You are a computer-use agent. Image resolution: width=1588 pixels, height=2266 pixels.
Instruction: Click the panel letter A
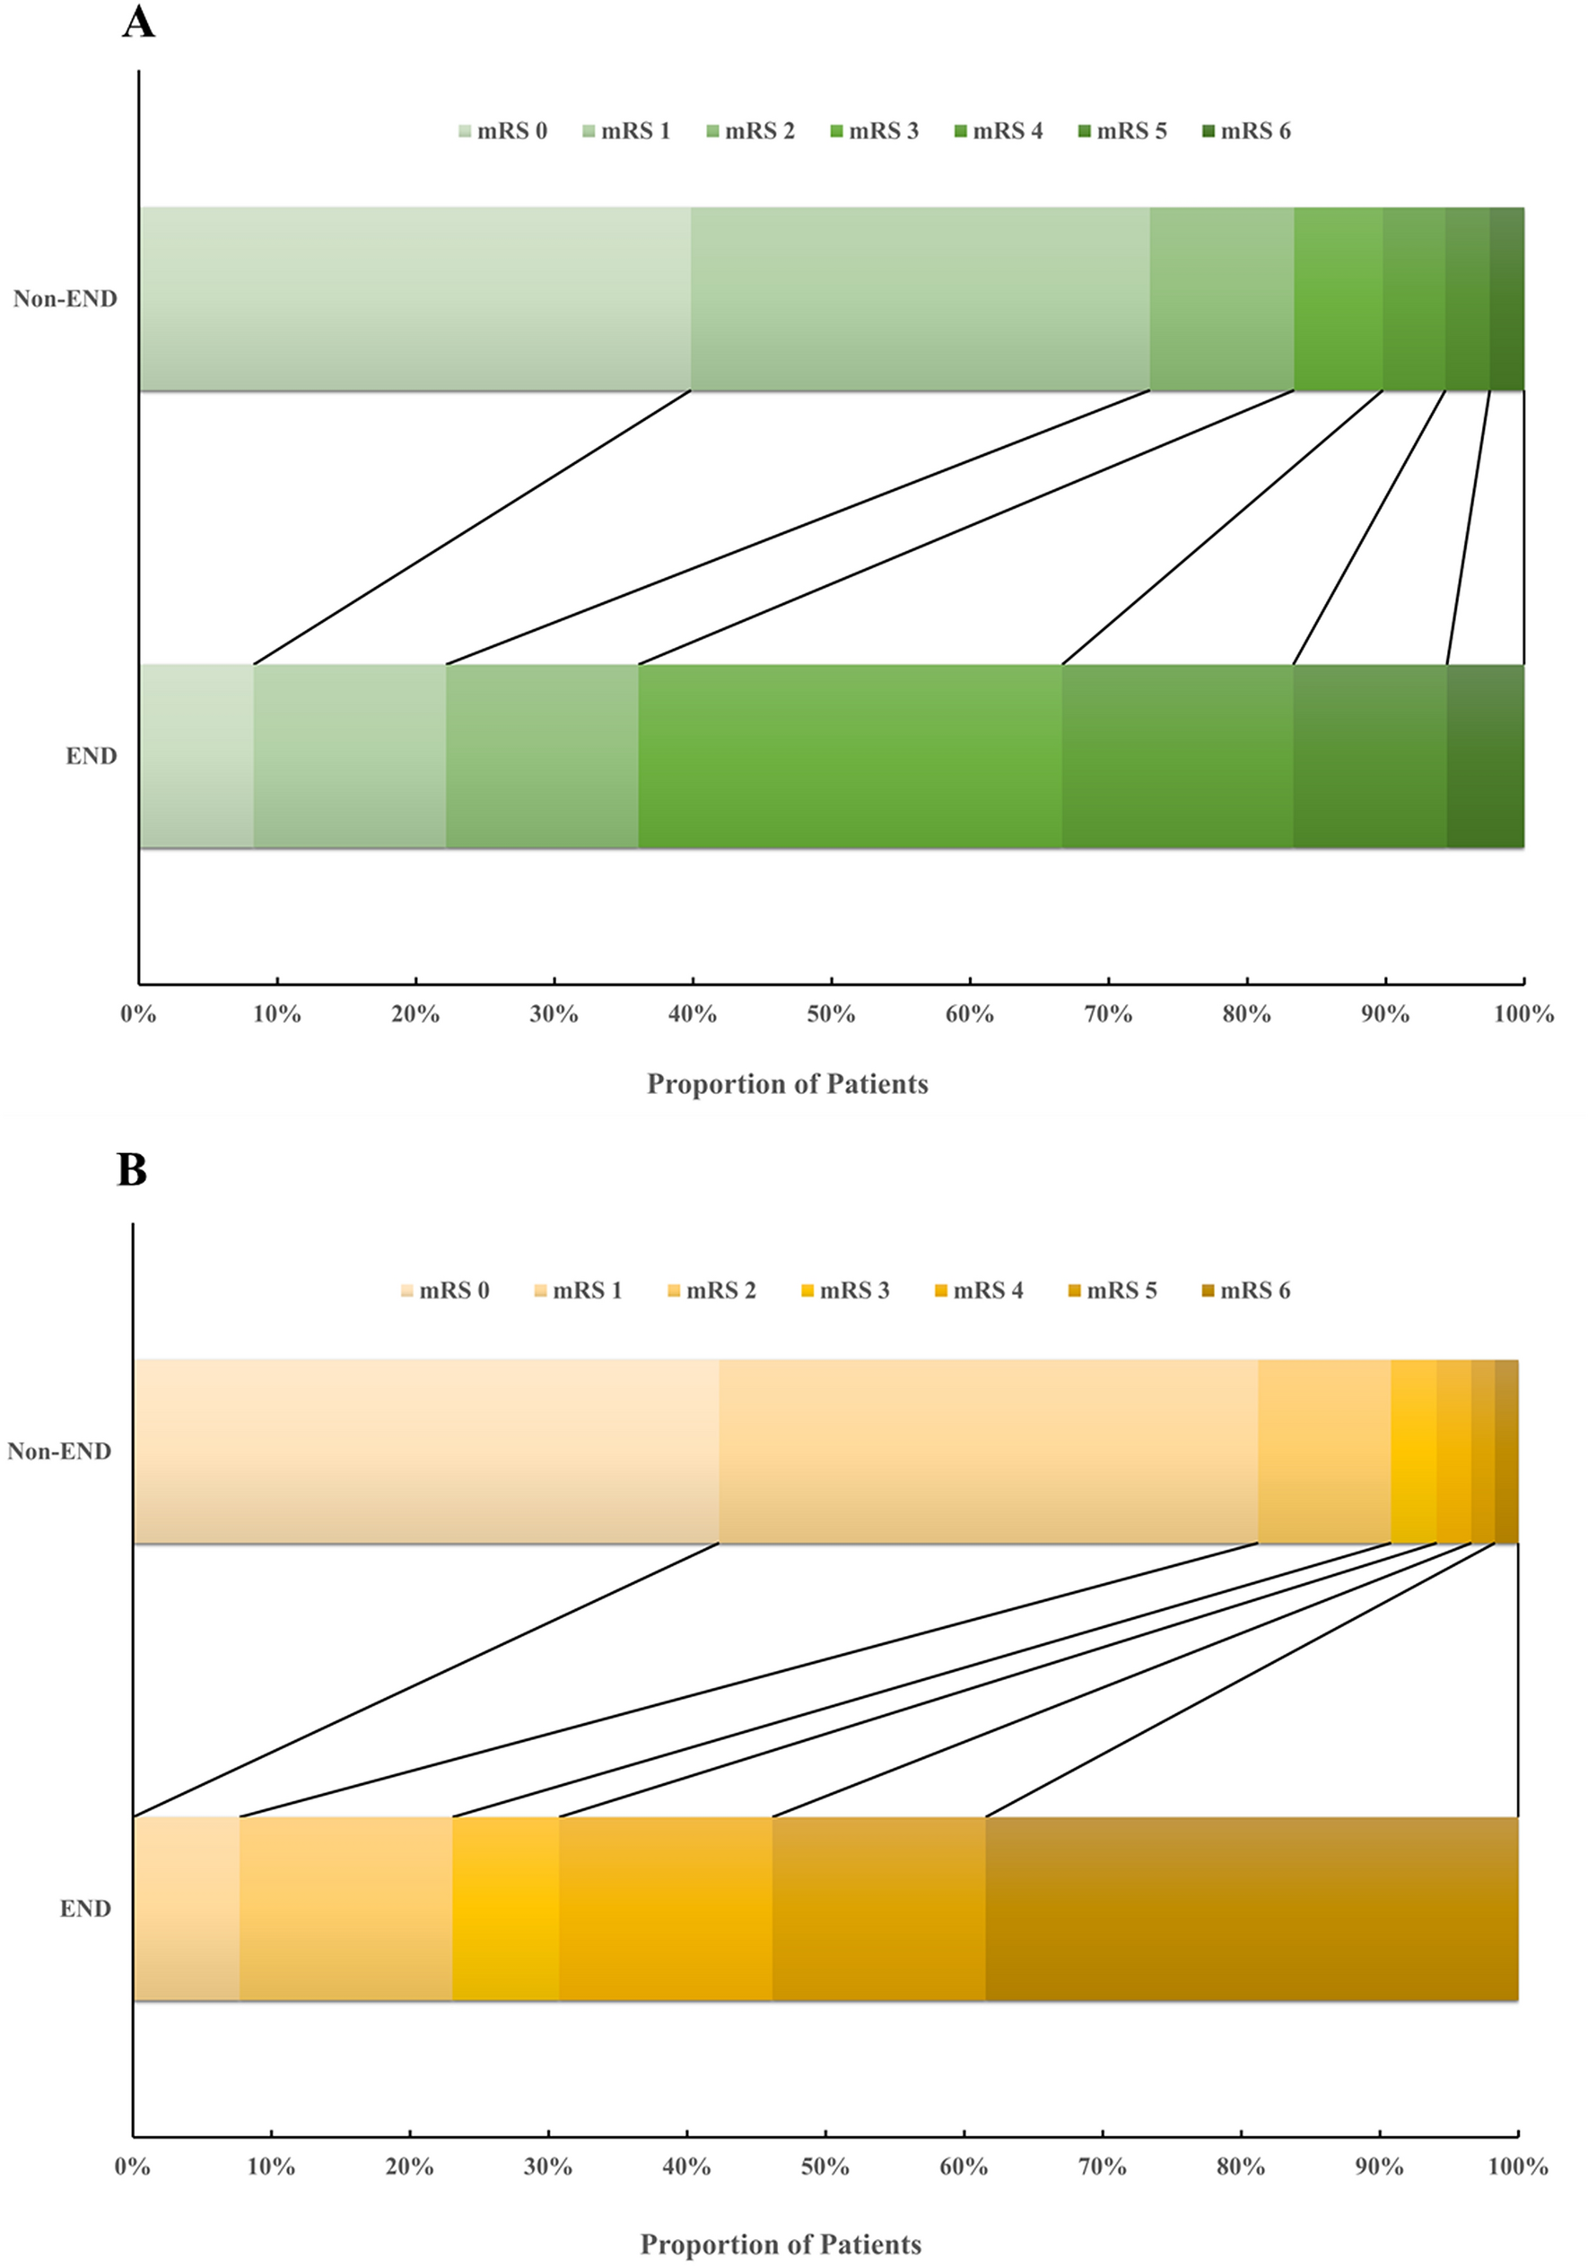pyautogui.click(x=138, y=22)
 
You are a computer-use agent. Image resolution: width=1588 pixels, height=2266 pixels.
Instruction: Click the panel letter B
pyautogui.click(x=131, y=1170)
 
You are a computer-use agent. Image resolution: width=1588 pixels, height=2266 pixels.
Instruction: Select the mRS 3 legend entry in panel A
pyautogui.click(x=875, y=131)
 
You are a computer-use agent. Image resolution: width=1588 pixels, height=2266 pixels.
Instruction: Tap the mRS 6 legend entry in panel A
pyautogui.click(x=1245, y=131)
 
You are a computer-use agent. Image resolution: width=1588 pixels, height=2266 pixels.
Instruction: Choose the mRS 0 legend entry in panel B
pyautogui.click(x=445, y=1290)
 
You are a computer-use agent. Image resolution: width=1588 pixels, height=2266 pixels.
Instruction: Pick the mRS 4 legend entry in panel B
pyautogui.click(x=979, y=1290)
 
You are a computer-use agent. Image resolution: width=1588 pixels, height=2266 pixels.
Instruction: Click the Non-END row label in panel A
pyautogui.click(x=65, y=299)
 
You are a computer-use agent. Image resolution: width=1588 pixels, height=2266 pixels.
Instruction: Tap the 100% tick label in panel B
pyautogui.click(x=1517, y=2166)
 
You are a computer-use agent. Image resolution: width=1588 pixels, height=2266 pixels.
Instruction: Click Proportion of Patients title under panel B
pyautogui.click(x=781, y=2244)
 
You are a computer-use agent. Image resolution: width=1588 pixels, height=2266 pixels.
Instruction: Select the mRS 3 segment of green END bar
pyautogui.click(x=850, y=756)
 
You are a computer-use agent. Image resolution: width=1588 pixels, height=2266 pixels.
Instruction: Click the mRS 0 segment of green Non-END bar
pyautogui.click(x=414, y=299)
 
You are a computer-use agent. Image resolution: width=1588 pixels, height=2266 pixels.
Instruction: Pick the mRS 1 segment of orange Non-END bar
pyautogui.click(x=988, y=1451)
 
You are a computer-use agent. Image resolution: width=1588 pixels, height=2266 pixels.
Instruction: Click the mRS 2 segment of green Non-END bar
pyautogui.click(x=1222, y=299)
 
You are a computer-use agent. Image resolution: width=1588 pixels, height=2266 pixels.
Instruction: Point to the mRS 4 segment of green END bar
pyautogui.click(x=1177, y=756)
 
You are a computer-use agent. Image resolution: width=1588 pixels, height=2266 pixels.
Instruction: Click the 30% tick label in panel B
pyautogui.click(x=548, y=2166)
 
